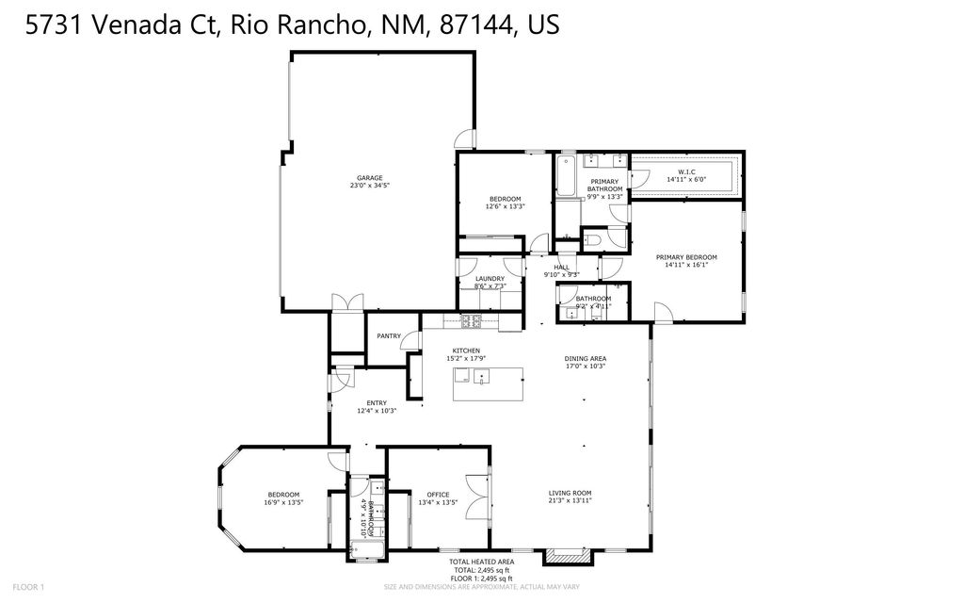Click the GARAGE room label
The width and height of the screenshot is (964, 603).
368,177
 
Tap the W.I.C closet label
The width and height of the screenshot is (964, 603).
685,171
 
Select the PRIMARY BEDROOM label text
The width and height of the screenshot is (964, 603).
686,257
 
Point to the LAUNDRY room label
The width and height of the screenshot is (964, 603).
490,278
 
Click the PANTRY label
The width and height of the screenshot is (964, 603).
389,335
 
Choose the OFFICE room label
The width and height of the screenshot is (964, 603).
438,494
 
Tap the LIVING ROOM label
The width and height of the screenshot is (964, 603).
570,492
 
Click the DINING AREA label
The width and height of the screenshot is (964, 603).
585,358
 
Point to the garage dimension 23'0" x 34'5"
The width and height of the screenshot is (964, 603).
368,186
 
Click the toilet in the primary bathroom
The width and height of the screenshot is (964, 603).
592,240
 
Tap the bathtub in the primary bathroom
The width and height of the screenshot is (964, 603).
566,175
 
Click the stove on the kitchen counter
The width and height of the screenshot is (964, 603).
471,321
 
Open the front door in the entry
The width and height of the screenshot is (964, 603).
334,385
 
